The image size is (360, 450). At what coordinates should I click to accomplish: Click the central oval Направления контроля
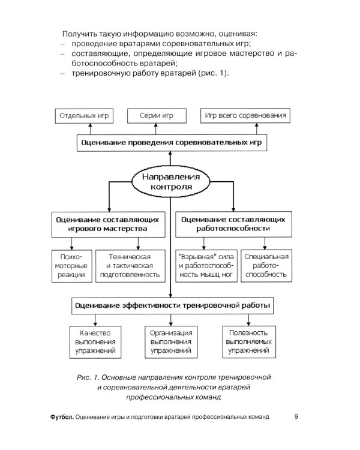[172, 181]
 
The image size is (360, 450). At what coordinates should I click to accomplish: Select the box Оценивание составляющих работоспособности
[233, 224]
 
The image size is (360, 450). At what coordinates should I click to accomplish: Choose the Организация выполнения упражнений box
[172, 341]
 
